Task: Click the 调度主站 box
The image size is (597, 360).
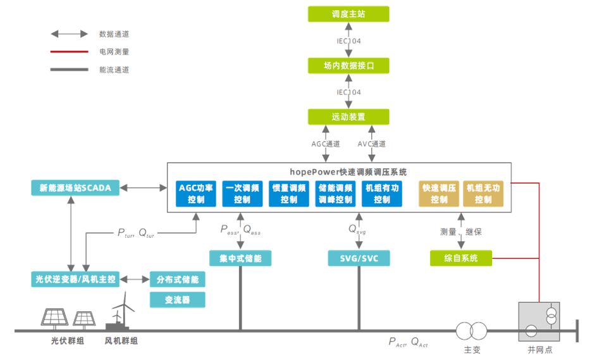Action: coord(348,14)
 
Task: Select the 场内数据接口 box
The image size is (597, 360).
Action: coord(348,66)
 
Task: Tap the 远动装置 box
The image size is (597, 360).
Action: coord(348,117)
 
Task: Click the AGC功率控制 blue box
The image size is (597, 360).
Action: coord(195,194)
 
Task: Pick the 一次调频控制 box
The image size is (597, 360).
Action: coord(242,194)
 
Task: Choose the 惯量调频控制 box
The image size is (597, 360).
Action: coord(288,194)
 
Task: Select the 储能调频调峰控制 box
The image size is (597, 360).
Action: coord(335,194)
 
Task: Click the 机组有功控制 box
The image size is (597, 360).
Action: coord(382,194)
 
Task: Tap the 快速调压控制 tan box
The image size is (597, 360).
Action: coord(440,194)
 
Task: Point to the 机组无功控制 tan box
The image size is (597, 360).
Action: coord(483,194)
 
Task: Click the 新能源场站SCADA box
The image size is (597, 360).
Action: coord(75,188)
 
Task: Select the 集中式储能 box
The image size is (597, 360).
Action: coord(240,258)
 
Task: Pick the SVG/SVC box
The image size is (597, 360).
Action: coord(359,258)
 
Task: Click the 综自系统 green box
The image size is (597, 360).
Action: coord(461,258)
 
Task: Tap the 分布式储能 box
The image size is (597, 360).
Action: coord(178,279)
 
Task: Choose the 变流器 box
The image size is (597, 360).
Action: coord(178,300)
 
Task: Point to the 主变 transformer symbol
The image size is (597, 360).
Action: coord(472,330)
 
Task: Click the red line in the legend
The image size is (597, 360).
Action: coord(70,52)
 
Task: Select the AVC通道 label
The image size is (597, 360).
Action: coord(371,144)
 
